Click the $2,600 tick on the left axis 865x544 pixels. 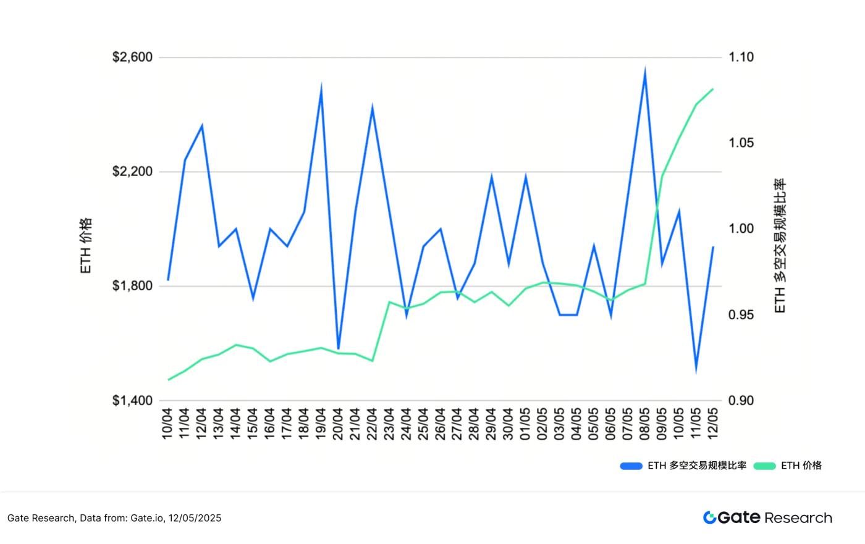point(132,57)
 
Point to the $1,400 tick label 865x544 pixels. point(132,401)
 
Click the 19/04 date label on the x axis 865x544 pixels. point(321,424)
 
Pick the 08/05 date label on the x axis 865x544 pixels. point(644,424)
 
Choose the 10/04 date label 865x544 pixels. point(167,424)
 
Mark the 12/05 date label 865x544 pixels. point(713,424)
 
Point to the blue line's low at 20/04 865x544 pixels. point(338,349)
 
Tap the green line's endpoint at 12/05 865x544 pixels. point(713,89)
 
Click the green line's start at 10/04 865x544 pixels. point(168,380)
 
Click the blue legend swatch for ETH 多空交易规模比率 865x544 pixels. point(631,466)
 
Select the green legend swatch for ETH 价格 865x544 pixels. point(765,466)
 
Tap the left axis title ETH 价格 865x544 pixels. point(86,246)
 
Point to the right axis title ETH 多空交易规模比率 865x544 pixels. point(780,246)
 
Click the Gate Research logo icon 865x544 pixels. point(709,517)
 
